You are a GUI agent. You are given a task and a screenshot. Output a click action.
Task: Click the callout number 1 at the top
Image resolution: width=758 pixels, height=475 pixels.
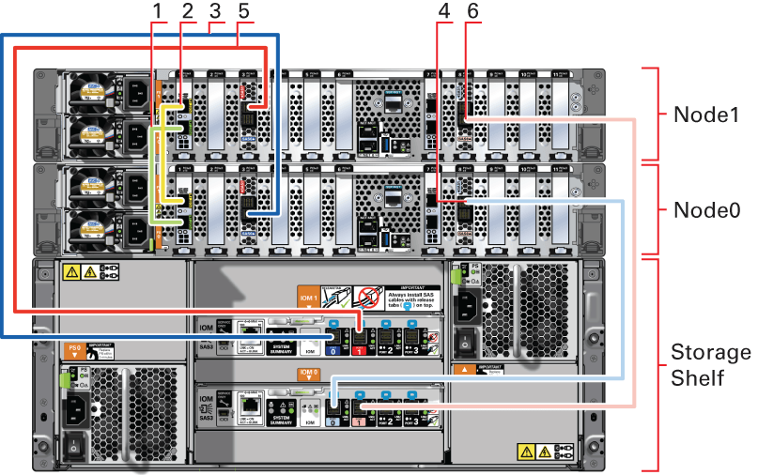(x=157, y=11)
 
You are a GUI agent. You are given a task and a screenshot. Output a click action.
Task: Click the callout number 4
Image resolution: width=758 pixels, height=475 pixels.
(x=442, y=11)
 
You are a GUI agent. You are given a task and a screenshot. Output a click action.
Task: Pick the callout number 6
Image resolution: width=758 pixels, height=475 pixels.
(x=472, y=11)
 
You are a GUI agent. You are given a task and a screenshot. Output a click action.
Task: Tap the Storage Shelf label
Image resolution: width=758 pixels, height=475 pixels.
(x=711, y=364)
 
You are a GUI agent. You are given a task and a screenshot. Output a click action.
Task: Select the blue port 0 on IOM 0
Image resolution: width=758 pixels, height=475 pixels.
(x=333, y=417)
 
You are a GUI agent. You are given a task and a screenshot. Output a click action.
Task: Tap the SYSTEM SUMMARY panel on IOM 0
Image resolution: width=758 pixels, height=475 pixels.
(x=281, y=409)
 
